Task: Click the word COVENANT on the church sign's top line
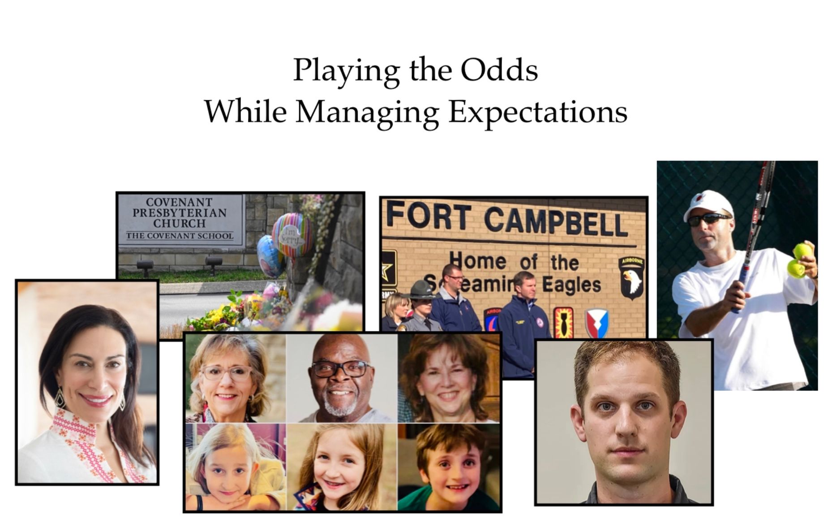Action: coord(179,203)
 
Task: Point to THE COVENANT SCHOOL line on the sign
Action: coord(180,236)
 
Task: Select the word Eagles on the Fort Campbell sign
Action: coord(571,285)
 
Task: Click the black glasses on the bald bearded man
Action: coord(340,369)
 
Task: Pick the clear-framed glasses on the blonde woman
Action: coord(226,372)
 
